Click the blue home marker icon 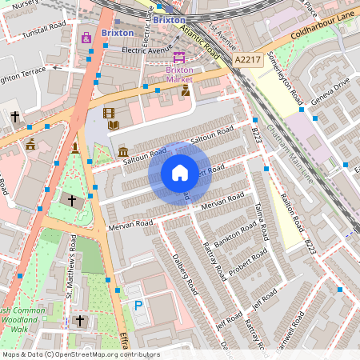pos(180,173)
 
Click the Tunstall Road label pos(43,26)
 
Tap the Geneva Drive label pos(330,90)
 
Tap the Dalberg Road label pos(184,274)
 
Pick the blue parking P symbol pos(138,305)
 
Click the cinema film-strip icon pos(109,113)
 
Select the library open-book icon pos(114,125)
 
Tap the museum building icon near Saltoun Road pos(122,151)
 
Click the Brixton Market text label pos(179,74)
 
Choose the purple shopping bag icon pos(86,37)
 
